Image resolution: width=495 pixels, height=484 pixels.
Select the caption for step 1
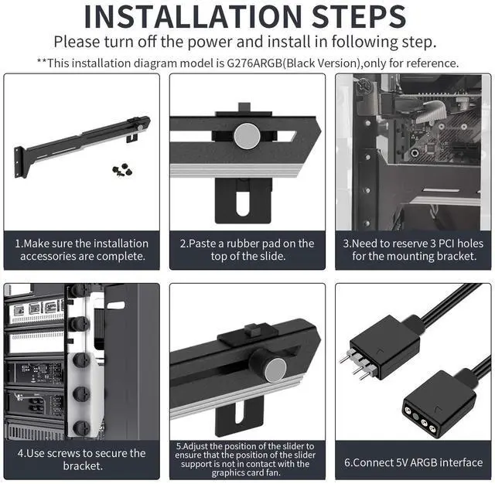(x=82, y=249)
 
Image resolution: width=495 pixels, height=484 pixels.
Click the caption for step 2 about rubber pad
(x=247, y=249)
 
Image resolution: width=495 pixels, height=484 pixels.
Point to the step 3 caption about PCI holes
(x=412, y=249)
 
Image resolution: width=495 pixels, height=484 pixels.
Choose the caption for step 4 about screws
(x=82, y=459)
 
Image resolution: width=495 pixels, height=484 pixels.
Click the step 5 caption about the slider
(x=247, y=459)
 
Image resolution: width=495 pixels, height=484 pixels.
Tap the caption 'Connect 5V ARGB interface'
(x=412, y=462)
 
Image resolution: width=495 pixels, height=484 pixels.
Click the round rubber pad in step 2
(x=247, y=136)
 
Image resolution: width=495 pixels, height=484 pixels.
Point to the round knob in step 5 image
(x=275, y=370)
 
